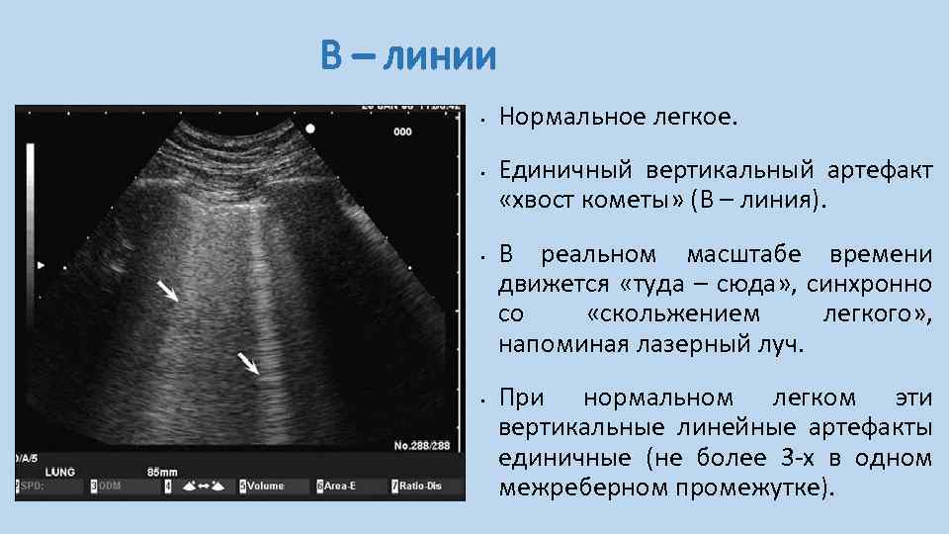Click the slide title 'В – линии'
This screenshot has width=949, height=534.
tap(407, 57)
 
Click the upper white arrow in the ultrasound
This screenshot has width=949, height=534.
tap(168, 290)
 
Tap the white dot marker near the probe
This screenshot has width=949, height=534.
tap(311, 129)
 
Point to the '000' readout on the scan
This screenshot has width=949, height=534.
tap(402, 132)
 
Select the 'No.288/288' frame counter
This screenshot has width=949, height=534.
tap(422, 446)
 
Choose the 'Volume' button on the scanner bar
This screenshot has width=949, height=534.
tap(265, 487)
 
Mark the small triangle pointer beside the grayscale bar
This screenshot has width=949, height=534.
tap(41, 266)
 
